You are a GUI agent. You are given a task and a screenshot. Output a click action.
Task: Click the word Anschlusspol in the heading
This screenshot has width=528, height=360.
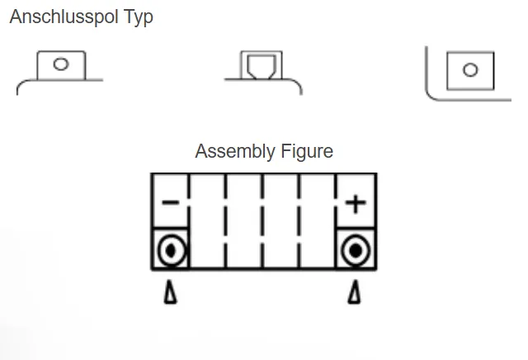click(x=64, y=17)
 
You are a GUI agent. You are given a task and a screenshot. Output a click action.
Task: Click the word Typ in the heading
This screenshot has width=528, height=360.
click(x=139, y=17)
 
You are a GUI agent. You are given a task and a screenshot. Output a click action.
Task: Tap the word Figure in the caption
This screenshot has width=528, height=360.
click(x=307, y=151)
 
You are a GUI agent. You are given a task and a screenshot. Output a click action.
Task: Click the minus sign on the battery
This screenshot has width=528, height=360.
click(x=171, y=202)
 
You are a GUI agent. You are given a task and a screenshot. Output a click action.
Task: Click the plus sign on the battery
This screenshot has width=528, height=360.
click(x=356, y=204)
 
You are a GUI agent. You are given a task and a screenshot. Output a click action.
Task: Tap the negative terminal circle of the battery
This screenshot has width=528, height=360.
click(x=172, y=250)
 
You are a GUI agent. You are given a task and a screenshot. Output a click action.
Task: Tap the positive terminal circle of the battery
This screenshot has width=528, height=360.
click(x=356, y=251)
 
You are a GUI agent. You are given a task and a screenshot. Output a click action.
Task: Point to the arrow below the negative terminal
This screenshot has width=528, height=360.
click(x=171, y=292)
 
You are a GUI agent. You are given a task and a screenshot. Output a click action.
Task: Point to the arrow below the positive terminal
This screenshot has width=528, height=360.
click(x=354, y=292)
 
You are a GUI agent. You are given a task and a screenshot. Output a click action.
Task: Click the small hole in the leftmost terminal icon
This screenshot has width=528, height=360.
click(x=61, y=64)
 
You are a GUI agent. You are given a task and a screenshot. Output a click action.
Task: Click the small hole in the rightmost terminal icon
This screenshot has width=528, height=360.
click(x=470, y=70)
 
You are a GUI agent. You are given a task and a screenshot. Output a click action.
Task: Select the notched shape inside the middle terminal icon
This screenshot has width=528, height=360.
click(x=262, y=67)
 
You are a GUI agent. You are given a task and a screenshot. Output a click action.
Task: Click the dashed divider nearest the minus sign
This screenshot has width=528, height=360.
click(x=189, y=220)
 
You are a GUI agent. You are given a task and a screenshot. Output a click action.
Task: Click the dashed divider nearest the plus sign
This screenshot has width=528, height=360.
click(x=336, y=220)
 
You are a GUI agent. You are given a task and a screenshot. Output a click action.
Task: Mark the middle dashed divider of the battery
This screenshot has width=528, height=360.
click(x=262, y=220)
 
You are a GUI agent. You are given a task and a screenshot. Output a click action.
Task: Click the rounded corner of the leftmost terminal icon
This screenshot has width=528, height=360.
click(x=20, y=84)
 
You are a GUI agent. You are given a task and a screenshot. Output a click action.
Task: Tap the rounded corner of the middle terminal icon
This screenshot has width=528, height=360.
click(x=299, y=84)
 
